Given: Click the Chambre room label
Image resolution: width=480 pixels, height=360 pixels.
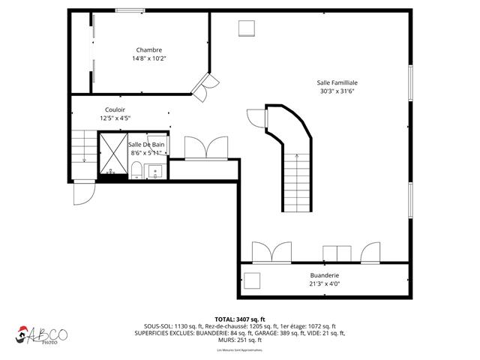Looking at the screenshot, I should pos(148,50).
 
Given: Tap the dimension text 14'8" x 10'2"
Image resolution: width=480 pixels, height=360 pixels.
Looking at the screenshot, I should pos(148,58).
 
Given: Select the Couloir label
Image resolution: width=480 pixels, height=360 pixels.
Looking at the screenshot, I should pos(115,109).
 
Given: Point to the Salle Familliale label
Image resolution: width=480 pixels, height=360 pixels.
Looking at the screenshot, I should pos(337,82).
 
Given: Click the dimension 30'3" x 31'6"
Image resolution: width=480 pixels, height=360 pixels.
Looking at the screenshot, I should pos(337,91).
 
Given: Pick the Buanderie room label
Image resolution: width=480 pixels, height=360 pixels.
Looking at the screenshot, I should pos(325,274).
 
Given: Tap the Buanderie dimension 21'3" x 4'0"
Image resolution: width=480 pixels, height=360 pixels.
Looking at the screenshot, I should pos(325,283).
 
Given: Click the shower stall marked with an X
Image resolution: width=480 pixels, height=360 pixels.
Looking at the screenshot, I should pos(112,153).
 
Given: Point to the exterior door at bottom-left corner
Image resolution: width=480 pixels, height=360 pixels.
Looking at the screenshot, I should pos(82,194).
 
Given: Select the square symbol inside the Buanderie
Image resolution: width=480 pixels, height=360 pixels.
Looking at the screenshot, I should pos(252,281).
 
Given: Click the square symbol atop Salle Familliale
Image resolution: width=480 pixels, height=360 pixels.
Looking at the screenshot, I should pos(247,28).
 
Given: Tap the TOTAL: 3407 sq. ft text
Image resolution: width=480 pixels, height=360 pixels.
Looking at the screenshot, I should pos(240,319).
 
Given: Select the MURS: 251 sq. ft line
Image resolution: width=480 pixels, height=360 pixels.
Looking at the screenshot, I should pos(240,341).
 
